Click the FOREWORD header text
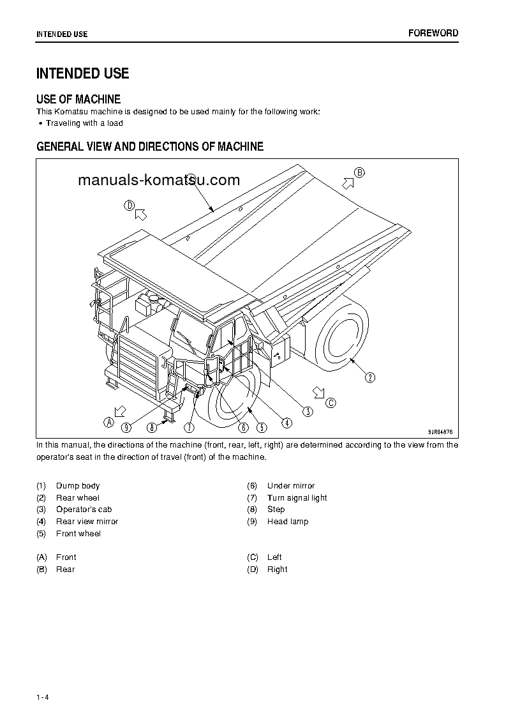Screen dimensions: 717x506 433,33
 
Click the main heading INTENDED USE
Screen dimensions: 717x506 83,73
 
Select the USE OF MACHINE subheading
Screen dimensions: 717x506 78,99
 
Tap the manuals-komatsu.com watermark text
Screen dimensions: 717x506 159,180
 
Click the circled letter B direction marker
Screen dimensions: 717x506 359,172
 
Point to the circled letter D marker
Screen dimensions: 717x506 130,205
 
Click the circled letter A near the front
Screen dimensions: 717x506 109,421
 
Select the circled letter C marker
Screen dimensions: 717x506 330,402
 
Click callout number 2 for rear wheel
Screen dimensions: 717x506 370,377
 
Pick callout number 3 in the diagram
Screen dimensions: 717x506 308,412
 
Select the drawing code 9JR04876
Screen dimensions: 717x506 440,432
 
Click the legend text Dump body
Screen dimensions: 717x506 78,486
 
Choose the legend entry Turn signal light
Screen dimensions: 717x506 297,498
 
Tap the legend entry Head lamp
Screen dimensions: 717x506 287,522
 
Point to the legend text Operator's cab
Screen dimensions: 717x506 84,509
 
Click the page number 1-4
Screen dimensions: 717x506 43,697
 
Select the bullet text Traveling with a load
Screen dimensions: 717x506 84,123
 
